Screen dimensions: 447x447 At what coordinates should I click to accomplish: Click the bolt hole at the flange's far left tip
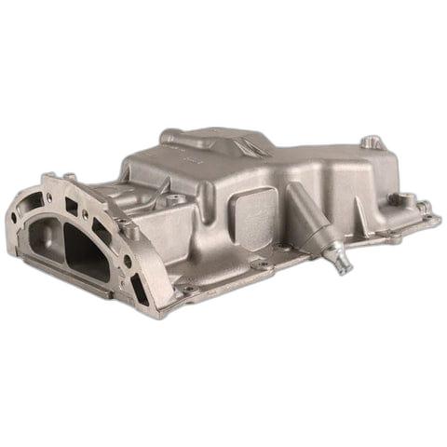pyautogui.click(x=12, y=218)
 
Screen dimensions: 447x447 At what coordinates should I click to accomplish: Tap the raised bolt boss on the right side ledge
pyautogui.click(x=400, y=198)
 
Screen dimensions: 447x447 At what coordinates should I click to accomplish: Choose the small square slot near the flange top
pyautogui.click(x=72, y=200)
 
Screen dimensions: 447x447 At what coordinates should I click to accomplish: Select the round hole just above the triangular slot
pyautogui.click(x=128, y=260)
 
